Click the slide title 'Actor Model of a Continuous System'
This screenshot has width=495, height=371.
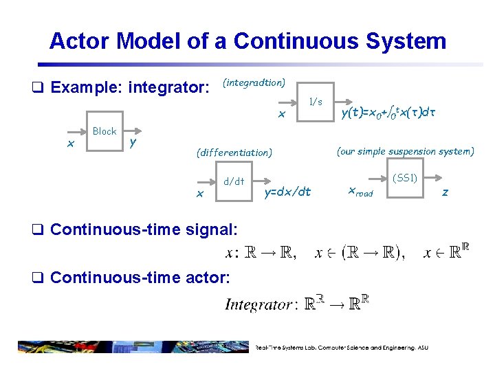pyautogui.click(x=247, y=41)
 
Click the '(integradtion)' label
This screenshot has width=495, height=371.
pyautogui.click(x=254, y=82)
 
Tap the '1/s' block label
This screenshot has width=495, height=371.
pyautogui.click(x=316, y=102)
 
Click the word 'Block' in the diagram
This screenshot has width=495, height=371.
pyautogui.click(x=104, y=131)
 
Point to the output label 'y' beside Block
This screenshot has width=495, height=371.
pyautogui.click(x=133, y=142)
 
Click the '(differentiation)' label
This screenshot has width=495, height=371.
pyautogui.click(x=234, y=152)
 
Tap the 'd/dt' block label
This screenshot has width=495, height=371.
pyautogui.click(x=234, y=181)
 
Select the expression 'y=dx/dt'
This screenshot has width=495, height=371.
pyautogui.click(x=287, y=192)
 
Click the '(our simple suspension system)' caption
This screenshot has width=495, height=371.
pyautogui.click(x=406, y=151)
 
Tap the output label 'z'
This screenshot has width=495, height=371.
pyautogui.click(x=445, y=192)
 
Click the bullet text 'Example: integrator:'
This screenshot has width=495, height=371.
pyautogui.click(x=129, y=88)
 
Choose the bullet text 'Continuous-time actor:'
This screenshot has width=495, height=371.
pyautogui.click(x=140, y=278)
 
